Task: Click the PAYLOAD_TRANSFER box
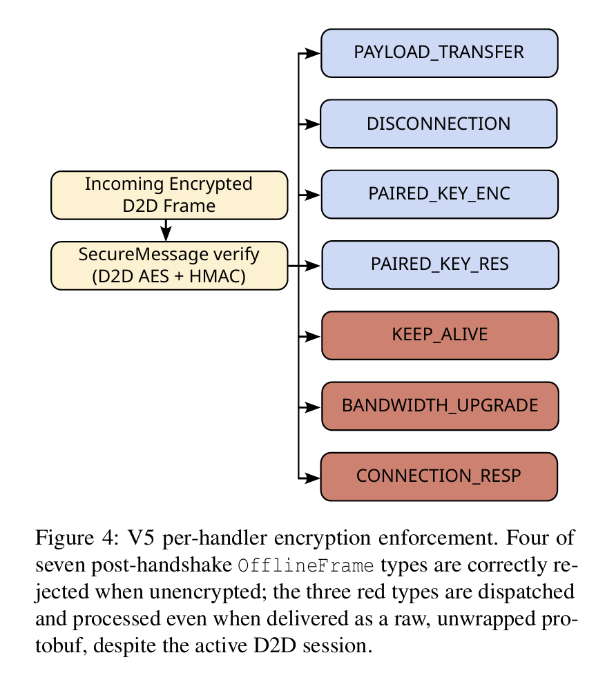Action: tap(439, 53)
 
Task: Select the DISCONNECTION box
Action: tap(439, 124)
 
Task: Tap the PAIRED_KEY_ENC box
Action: tap(440, 195)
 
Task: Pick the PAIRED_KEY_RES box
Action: tap(440, 265)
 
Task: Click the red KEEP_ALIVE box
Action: tap(440, 335)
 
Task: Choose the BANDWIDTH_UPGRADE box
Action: tap(440, 406)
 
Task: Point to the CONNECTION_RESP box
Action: tap(439, 476)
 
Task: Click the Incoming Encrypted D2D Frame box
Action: tap(169, 195)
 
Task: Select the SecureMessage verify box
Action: tap(169, 266)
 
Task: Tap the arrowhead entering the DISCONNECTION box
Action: tap(313, 124)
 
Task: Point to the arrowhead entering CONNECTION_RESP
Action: tap(313, 477)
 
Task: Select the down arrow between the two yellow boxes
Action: tap(166, 231)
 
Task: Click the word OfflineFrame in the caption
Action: tap(306, 566)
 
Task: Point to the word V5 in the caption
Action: tap(140, 538)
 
